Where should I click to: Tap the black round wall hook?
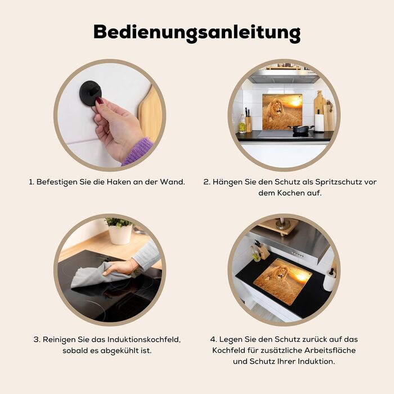[x=91, y=93]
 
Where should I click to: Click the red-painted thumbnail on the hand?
[x=100, y=101]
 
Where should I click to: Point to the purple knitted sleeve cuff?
[x=138, y=151]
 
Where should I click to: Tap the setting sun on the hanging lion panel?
[x=295, y=103]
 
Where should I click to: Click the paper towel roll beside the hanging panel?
[x=319, y=123]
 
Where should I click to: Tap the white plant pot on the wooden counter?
[x=120, y=234]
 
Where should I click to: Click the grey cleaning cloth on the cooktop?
[x=97, y=275]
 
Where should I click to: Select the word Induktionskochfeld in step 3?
[x=144, y=340]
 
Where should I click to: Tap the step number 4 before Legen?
[x=213, y=339]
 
